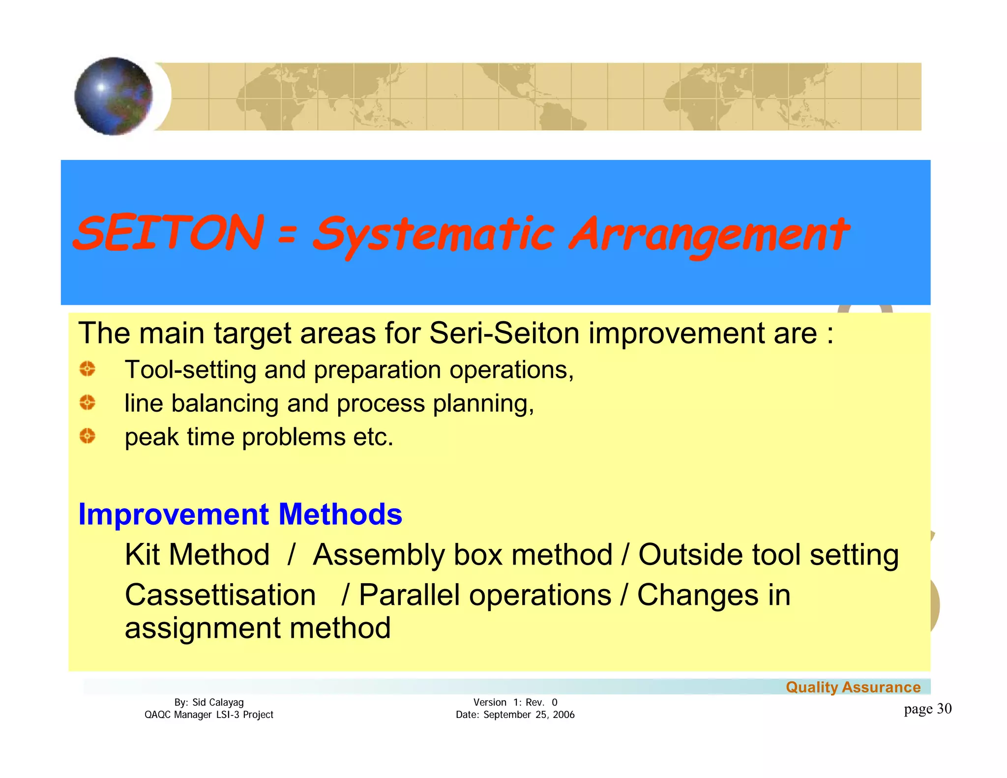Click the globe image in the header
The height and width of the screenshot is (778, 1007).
pyautogui.click(x=114, y=96)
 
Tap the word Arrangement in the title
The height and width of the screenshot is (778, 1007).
pyautogui.click(x=708, y=235)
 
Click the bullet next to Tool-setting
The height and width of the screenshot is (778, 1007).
pyautogui.click(x=88, y=369)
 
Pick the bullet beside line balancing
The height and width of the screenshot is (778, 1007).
pyautogui.click(x=88, y=403)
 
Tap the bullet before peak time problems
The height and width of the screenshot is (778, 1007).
pyautogui.click(x=88, y=436)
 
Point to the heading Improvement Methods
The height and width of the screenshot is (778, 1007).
pyautogui.click(x=240, y=514)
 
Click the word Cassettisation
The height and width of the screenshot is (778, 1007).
pyautogui.click(x=220, y=595)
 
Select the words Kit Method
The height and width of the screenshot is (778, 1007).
pyautogui.click(x=197, y=555)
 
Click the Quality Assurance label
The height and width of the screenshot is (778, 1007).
pyautogui.click(x=853, y=687)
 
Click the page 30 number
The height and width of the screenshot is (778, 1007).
pyautogui.click(x=927, y=709)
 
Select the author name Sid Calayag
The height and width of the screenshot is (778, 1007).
pyautogui.click(x=218, y=702)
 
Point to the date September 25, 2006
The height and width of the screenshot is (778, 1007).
pyautogui.click(x=529, y=715)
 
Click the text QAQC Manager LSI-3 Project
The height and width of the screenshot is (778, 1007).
pyautogui.click(x=208, y=715)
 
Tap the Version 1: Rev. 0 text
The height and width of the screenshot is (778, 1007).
pyautogui.click(x=515, y=702)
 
